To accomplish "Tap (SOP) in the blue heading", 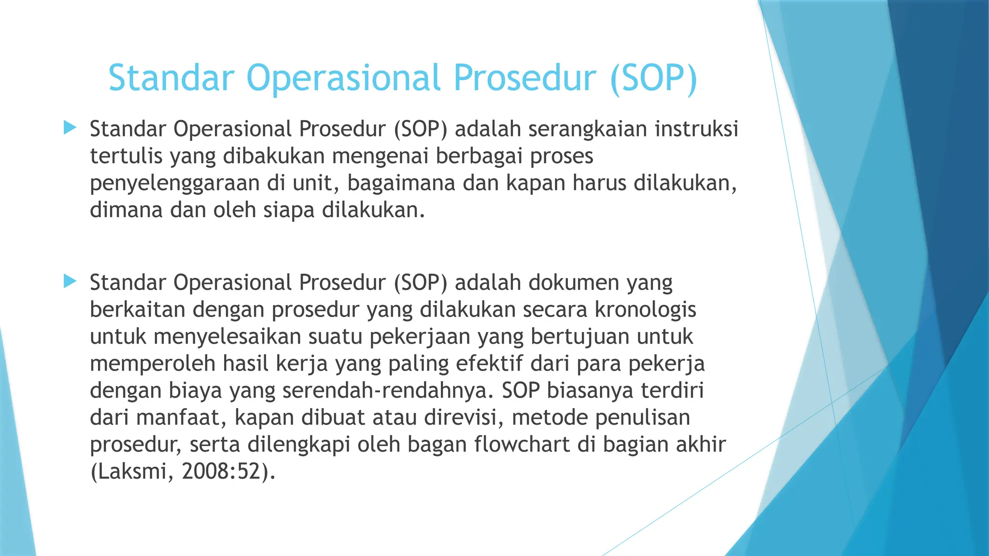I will point(654,78).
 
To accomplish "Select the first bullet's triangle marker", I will point(70,128).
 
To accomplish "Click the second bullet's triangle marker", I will point(70,281).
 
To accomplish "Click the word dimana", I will point(126,210).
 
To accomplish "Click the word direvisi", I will point(464,417).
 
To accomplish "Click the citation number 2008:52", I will point(222,472).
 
